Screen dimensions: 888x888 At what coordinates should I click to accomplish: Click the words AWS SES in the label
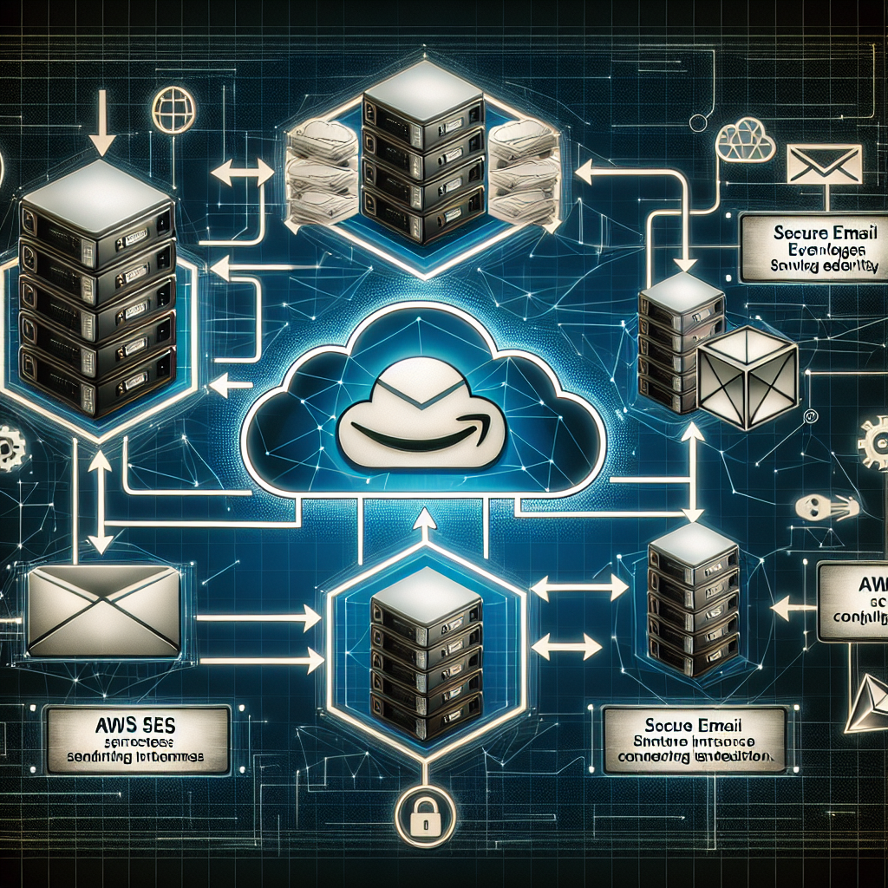[139, 724]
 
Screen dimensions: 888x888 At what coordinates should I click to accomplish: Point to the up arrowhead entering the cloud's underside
[425, 520]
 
